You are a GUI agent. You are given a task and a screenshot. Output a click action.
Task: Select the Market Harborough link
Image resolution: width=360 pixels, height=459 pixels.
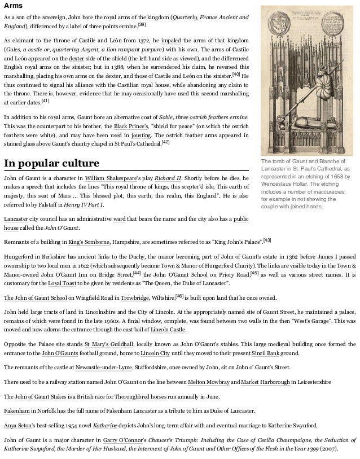pyautogui.click(x=262, y=382)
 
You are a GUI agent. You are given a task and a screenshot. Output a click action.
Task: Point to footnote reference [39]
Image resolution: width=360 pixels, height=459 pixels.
pyautogui.click(x=142, y=25)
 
